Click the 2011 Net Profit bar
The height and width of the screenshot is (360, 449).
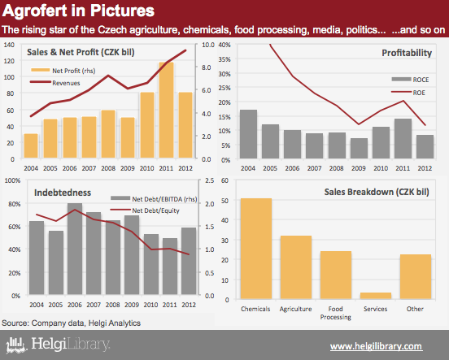coord(166,110)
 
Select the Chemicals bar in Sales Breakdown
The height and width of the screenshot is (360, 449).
coord(256,249)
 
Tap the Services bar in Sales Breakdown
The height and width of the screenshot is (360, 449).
coord(376,296)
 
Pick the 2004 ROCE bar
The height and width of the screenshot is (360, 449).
coord(248,134)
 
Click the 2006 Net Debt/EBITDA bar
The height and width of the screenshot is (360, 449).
coord(75,249)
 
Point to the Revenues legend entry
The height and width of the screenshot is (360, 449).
coord(55,83)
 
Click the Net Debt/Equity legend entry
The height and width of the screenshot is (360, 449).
coord(145,210)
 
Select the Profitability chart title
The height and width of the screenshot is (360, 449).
coord(407,53)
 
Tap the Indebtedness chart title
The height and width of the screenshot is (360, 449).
coord(63,193)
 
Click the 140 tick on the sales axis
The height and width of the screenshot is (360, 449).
coord(9,45)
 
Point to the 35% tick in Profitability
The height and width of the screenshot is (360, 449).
coord(224,59)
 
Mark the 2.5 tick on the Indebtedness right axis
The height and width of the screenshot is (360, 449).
coord(210,180)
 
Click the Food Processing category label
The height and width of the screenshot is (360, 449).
coord(336,313)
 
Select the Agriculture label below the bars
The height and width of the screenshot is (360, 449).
coord(295,309)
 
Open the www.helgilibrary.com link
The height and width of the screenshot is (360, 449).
coord(376,346)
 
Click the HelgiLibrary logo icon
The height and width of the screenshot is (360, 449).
coord(16,345)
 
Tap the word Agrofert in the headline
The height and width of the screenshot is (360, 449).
coord(39,11)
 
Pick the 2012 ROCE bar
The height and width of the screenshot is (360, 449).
coord(425,146)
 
